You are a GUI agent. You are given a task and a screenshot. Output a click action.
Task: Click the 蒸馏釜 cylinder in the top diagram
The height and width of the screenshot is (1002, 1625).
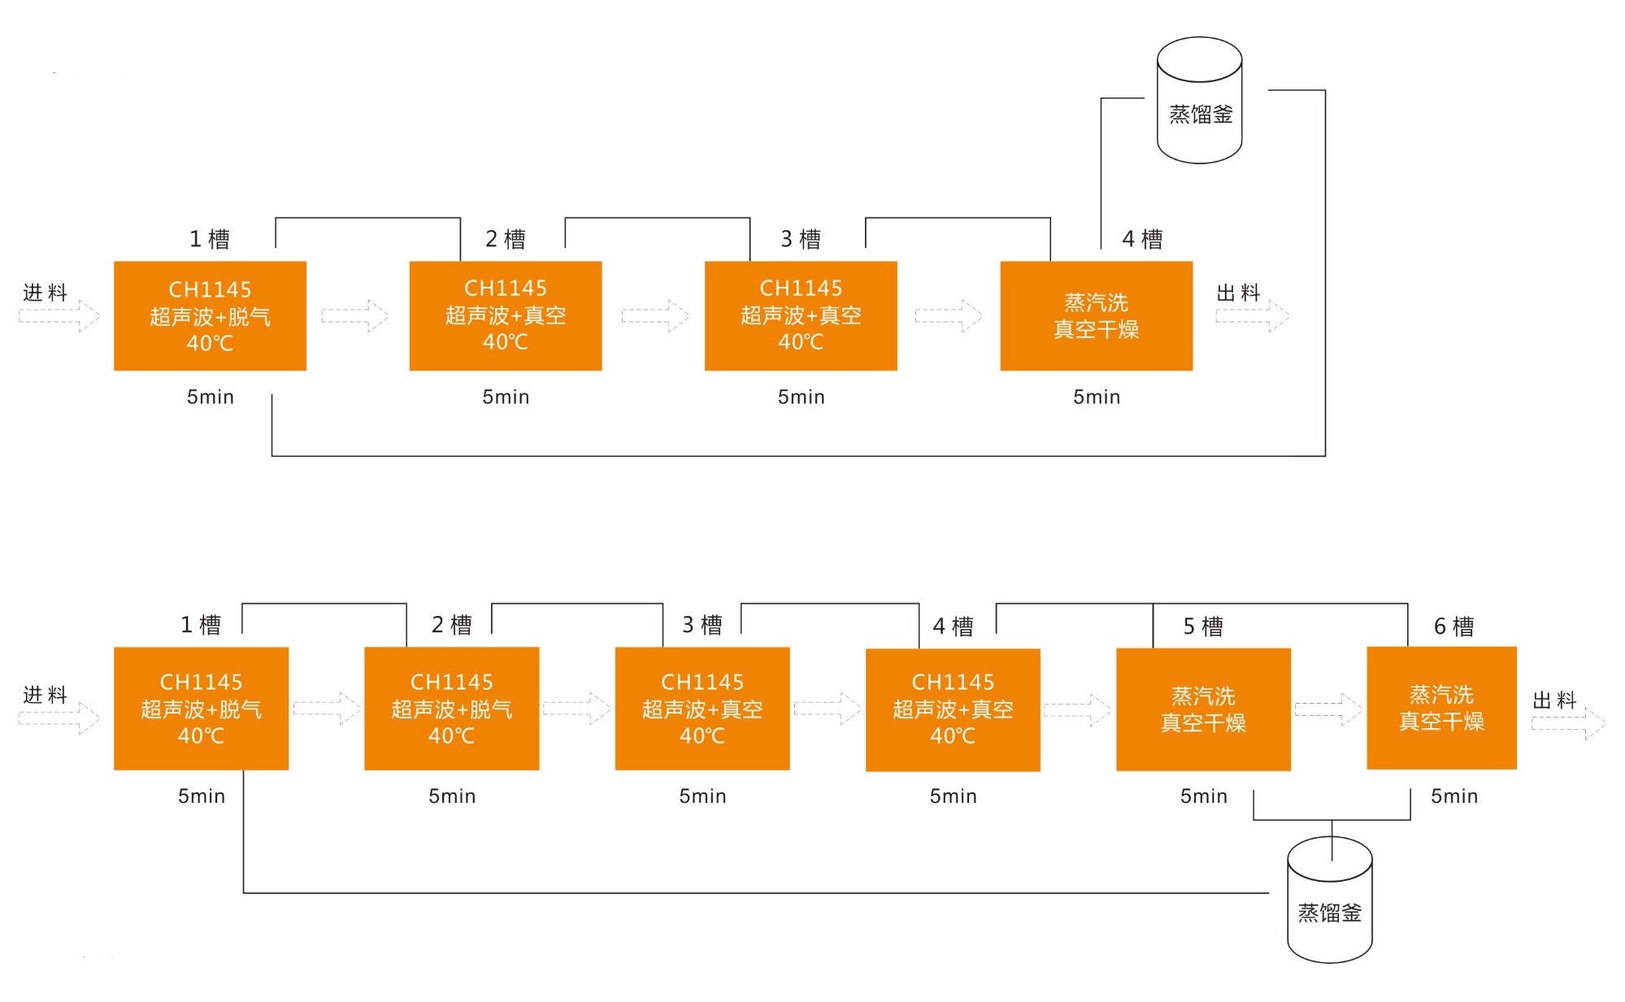1199,100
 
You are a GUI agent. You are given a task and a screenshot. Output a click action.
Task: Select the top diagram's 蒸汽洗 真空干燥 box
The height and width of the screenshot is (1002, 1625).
1097,316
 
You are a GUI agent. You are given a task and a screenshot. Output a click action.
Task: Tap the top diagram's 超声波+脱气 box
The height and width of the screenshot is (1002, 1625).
210,316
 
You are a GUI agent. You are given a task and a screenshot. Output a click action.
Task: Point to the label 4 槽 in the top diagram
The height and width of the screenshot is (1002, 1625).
1142,239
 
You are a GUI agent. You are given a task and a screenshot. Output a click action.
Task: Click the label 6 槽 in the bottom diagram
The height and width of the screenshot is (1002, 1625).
1453,627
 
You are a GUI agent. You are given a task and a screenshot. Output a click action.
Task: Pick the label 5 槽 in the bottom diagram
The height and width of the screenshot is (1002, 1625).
1203,627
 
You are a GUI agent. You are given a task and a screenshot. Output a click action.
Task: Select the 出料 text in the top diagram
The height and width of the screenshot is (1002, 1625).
1238,293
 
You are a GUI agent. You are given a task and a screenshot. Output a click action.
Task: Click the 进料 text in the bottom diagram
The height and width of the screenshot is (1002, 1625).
45,695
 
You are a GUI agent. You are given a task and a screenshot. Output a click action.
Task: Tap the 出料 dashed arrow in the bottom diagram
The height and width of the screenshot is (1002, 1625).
1568,722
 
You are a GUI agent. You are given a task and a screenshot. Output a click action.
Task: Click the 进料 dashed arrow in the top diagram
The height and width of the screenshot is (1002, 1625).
59,315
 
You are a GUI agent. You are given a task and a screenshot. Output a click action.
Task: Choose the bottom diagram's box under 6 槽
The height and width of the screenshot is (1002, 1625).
1442,708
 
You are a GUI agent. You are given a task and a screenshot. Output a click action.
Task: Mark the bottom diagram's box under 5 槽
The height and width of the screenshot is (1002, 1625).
1203,709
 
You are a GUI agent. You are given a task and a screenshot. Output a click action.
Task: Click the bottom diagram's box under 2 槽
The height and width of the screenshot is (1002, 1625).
452,709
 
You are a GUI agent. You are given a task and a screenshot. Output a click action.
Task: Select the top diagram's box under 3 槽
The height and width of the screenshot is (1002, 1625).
801,316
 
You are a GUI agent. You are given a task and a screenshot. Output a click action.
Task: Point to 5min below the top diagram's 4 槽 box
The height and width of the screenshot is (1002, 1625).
1097,397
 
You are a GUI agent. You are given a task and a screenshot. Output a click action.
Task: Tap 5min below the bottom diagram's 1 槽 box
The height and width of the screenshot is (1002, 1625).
202,796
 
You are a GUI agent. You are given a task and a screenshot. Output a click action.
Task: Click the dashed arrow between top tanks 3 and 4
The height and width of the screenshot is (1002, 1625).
949,315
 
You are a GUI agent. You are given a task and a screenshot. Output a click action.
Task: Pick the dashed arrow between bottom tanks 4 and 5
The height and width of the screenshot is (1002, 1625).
1077,710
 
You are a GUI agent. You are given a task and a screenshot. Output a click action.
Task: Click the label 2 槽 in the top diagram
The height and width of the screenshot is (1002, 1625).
506,239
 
